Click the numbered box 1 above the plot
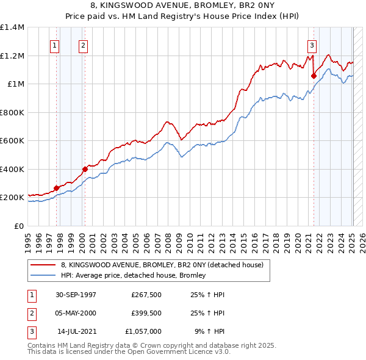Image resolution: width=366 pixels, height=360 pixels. (55, 45)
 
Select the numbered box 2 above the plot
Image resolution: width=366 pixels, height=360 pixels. (82, 45)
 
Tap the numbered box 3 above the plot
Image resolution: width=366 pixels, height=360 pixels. (312, 45)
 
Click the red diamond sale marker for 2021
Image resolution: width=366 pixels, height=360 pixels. (314, 76)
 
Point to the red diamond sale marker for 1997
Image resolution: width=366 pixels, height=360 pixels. (56, 188)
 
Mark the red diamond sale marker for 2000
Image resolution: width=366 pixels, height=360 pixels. (85, 169)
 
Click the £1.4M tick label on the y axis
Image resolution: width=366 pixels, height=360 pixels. (12, 27)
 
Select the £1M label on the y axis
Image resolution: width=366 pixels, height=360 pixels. (15, 84)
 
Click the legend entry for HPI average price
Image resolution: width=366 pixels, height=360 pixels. (133, 275)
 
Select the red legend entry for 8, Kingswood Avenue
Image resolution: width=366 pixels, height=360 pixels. (162, 265)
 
